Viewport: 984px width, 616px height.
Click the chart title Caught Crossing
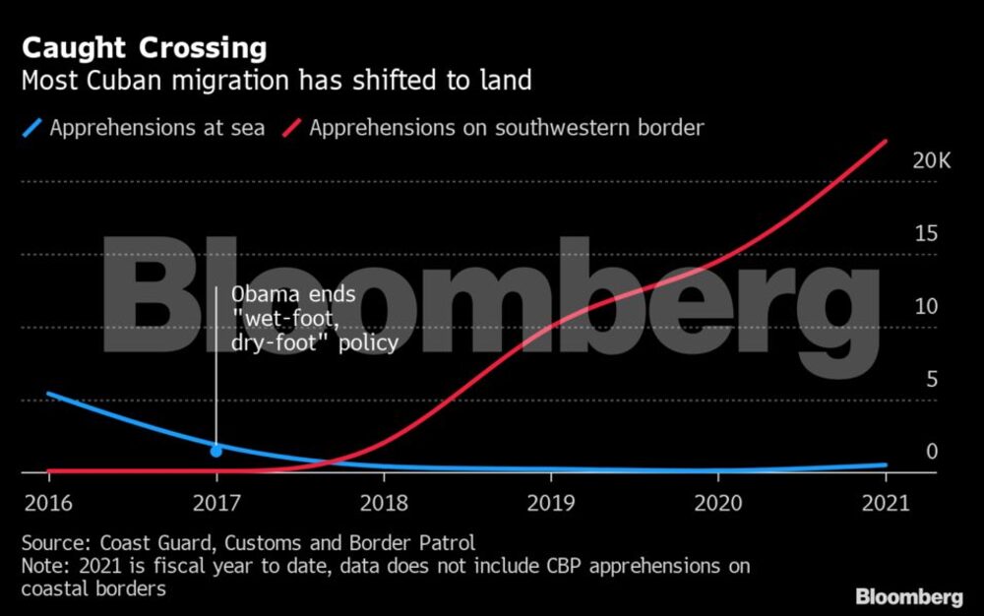point(144,47)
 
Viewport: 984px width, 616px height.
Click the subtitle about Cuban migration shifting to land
point(277,81)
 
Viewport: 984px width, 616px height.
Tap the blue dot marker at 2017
point(215,450)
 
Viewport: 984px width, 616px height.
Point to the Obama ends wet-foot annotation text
point(313,319)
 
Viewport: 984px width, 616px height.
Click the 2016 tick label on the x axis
point(48,502)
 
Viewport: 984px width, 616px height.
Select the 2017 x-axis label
point(215,502)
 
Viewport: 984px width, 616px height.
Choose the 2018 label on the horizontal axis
point(384,502)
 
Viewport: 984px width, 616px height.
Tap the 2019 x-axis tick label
point(551,502)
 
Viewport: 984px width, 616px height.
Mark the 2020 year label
point(718,502)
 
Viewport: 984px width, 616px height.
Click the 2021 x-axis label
point(886,502)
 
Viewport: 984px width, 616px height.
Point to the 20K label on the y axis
point(931,161)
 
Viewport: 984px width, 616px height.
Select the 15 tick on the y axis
point(926,234)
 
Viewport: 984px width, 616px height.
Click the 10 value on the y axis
point(926,307)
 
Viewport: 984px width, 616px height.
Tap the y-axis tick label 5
point(931,380)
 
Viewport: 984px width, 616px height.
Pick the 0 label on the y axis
point(931,452)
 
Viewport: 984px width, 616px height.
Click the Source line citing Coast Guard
point(248,542)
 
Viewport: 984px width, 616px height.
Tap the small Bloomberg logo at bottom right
point(908,596)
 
